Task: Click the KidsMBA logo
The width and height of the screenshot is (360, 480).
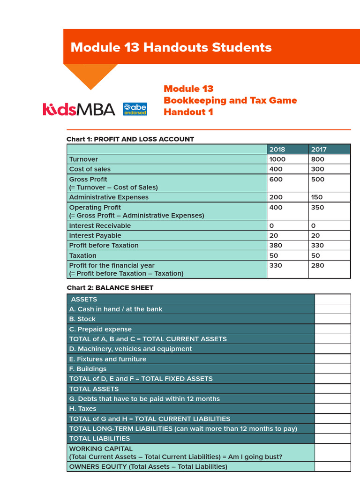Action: point(78,109)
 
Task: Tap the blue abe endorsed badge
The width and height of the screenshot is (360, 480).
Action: point(135,109)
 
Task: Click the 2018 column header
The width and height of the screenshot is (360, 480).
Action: point(277,150)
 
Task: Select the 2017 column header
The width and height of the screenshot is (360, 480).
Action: point(319,150)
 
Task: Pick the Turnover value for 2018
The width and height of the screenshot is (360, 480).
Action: point(277,159)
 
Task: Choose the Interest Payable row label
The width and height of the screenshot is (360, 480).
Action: point(95,236)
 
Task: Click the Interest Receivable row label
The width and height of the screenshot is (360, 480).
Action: point(100,226)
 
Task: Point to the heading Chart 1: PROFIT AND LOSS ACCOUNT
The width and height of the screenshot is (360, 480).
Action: point(130,139)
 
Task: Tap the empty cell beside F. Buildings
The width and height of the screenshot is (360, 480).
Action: point(332,369)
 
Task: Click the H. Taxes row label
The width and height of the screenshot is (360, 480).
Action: point(82,409)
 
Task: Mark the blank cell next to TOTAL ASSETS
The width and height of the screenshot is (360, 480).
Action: point(332,389)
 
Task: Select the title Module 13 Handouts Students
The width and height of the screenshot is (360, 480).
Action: point(171,47)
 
